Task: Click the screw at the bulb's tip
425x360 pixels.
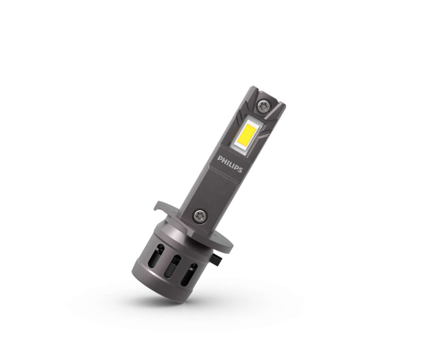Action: coord(262,106)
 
